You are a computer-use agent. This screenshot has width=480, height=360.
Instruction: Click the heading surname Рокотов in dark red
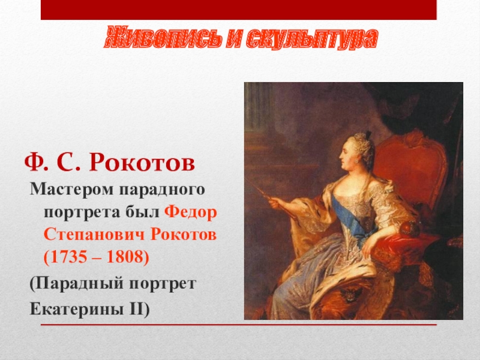tap(142, 162)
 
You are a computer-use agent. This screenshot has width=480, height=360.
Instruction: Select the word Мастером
tap(71, 189)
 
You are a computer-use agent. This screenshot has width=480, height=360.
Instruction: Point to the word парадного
tap(162, 190)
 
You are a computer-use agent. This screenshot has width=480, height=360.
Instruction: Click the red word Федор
tap(191, 212)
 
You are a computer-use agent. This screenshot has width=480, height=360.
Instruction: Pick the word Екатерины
tap(77, 308)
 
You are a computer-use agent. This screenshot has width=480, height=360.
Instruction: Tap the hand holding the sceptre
tap(277, 202)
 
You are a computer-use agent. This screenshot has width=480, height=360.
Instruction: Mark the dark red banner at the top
tap(238, 10)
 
